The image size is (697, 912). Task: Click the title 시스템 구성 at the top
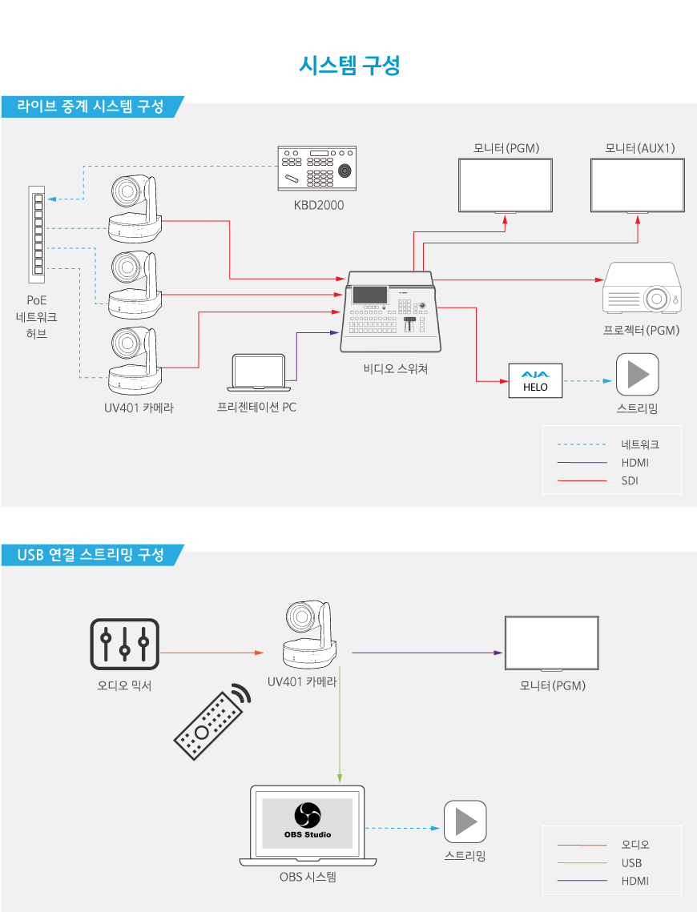pyautogui.click(x=348, y=65)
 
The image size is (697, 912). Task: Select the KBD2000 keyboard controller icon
pyautogui.click(x=318, y=168)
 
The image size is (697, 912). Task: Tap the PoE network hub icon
pyautogui.click(x=37, y=234)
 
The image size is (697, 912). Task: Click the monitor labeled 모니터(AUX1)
pyautogui.click(x=637, y=185)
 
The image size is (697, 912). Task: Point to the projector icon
pyautogui.click(x=641, y=289)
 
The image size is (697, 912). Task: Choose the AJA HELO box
pyautogui.click(x=535, y=380)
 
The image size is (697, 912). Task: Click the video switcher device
pyautogui.click(x=391, y=312)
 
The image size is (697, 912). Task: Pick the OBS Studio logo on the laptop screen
pyautogui.click(x=307, y=817)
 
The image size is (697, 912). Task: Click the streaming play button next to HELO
pyautogui.click(x=637, y=374)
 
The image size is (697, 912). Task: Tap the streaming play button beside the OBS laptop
pyautogui.click(x=465, y=822)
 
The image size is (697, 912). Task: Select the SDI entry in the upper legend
pyautogui.click(x=629, y=481)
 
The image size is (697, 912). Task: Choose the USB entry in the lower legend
pyautogui.click(x=631, y=863)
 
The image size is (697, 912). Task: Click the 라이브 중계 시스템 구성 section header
pyautogui.click(x=90, y=106)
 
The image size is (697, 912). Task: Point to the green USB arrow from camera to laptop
pyautogui.click(x=340, y=721)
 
